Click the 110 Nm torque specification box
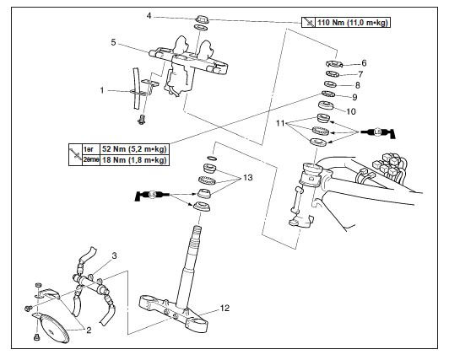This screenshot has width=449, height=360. (346, 22)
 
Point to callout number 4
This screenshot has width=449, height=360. (149, 16)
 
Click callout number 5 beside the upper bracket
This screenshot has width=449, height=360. (113, 43)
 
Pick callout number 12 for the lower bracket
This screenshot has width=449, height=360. (224, 309)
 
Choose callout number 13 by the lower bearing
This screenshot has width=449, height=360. (248, 178)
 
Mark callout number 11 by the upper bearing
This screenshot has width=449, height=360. (280, 123)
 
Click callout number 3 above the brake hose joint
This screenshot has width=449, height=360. (114, 255)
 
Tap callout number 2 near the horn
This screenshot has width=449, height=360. (89, 330)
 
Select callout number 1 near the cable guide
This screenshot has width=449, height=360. (102, 90)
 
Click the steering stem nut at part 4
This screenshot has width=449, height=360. (203, 19)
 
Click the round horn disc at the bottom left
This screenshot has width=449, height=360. (54, 329)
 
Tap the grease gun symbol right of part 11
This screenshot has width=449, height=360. (378, 132)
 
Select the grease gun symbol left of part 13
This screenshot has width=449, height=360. (152, 195)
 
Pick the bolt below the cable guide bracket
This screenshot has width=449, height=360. (142, 120)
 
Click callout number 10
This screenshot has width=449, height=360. (351, 111)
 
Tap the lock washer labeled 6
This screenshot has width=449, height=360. (334, 64)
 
